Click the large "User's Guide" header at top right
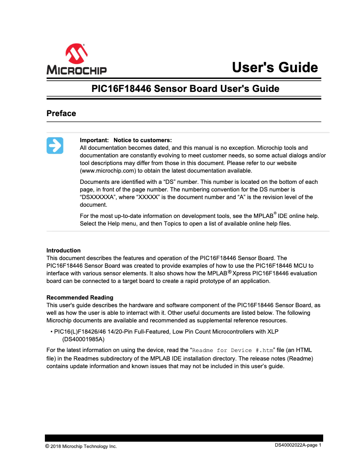[275, 67]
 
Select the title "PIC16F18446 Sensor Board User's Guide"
[185, 88]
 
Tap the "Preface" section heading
[61, 113]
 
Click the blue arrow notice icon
[55, 146]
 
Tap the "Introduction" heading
[63, 250]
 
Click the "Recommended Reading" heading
[80, 297]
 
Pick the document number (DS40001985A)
[83, 339]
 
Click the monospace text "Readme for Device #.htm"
[233, 350]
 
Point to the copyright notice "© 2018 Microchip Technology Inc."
[81, 446]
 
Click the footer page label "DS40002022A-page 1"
[298, 445]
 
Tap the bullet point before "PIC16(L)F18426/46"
[51, 332]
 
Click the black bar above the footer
[184, 438]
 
